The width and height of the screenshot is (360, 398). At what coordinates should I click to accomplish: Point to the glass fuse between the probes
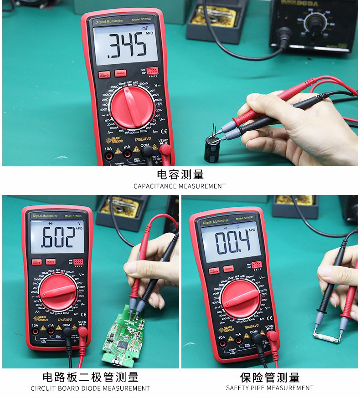(x=326, y=337)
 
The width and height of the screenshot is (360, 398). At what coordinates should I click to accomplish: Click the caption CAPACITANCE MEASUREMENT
(x=180, y=186)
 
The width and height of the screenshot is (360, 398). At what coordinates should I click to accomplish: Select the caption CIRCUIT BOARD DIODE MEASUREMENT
(x=90, y=388)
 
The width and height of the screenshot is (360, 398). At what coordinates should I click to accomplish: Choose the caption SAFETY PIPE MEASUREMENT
(x=270, y=388)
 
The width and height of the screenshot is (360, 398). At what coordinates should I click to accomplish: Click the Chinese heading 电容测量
(x=180, y=174)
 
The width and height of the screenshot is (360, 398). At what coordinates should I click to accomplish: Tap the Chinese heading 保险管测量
(x=270, y=377)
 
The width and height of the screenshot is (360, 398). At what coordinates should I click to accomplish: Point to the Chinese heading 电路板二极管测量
(x=90, y=377)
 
